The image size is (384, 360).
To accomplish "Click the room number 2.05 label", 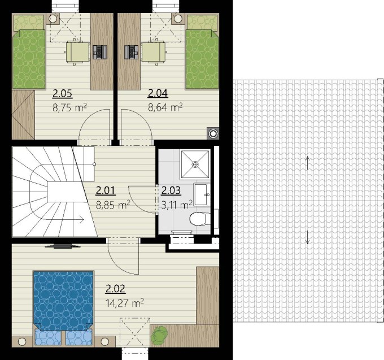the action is pos(63,94).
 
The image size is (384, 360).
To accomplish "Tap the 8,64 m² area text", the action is pos(165,107).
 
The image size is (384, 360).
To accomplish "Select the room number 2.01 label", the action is pos(106,190).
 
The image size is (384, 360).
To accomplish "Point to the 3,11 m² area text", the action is pos(177,205).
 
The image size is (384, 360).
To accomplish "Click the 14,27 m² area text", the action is pos(125,303).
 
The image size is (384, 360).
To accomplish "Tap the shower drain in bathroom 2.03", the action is pos(195,164).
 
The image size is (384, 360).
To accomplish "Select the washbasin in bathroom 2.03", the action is pos(202,194).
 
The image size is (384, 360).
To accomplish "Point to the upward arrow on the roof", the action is pos(308,163).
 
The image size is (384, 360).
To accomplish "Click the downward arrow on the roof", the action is pos(308,237).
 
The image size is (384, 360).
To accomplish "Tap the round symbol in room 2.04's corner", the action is pos(213,133).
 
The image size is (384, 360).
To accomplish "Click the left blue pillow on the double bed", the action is pos(48,336).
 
